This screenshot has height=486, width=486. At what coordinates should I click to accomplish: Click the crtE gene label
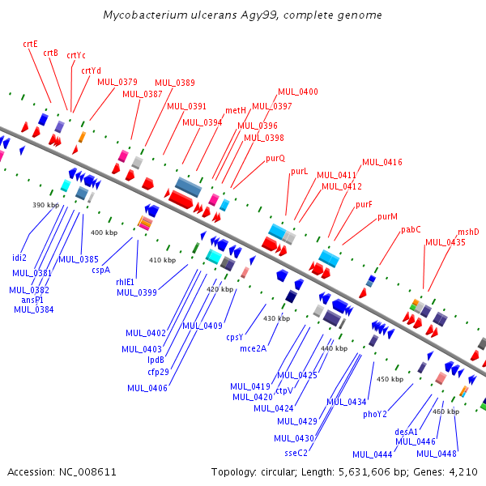(x=31, y=44)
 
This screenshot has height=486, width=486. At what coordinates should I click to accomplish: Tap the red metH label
(x=236, y=110)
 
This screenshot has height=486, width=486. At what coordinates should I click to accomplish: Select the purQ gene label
(x=275, y=159)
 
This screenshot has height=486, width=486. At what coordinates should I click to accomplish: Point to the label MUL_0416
(x=382, y=162)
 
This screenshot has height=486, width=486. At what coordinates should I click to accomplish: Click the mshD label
(x=468, y=232)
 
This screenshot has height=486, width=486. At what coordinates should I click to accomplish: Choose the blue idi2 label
(x=19, y=258)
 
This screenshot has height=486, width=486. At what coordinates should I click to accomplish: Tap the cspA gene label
(x=101, y=270)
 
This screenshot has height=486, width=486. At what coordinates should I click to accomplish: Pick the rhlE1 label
(x=125, y=282)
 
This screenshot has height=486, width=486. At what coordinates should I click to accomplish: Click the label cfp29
(x=158, y=372)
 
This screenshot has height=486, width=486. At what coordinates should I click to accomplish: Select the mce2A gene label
(x=254, y=348)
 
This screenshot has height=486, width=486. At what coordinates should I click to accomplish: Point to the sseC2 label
(x=296, y=453)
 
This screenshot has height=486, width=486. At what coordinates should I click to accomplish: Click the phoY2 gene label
(x=375, y=415)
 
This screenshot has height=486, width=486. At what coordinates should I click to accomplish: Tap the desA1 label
(x=407, y=432)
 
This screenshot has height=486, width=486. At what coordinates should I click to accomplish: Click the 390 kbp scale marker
(x=45, y=205)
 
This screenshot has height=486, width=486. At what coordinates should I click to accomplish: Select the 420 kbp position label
(x=220, y=289)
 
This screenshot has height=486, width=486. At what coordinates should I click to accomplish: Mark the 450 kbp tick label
(x=390, y=379)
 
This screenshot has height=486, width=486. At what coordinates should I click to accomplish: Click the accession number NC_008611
(x=87, y=472)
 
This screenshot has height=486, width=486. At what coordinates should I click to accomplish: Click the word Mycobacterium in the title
(x=145, y=15)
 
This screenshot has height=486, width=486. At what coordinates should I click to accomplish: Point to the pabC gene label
(x=411, y=230)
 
